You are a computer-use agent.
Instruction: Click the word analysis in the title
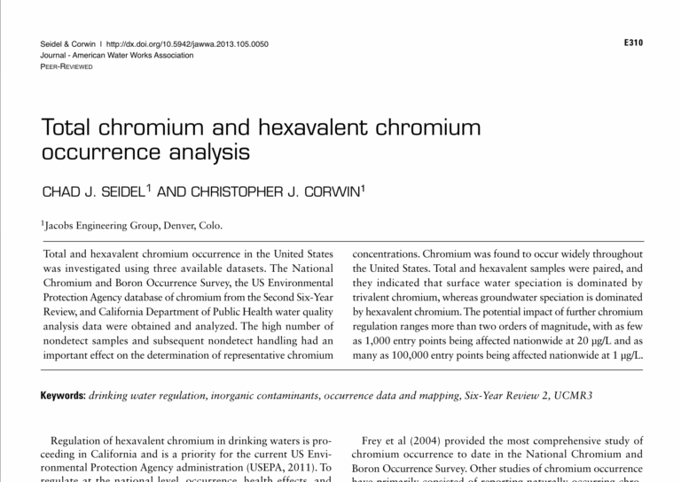(203, 152)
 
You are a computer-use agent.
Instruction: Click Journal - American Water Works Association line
(117, 55)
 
